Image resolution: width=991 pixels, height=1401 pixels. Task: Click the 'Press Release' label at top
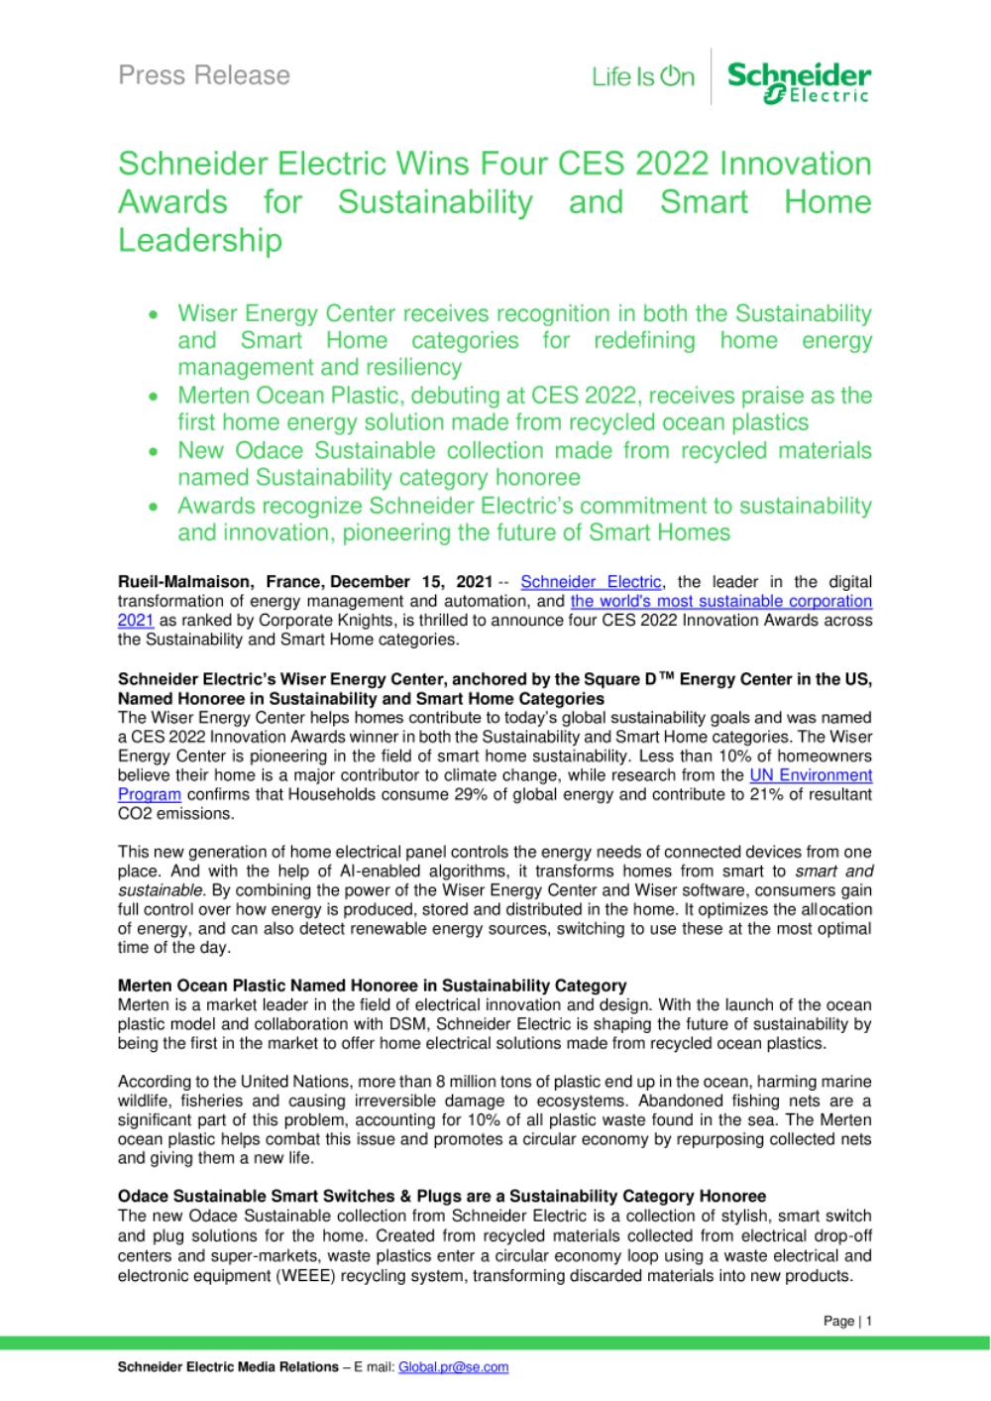(204, 75)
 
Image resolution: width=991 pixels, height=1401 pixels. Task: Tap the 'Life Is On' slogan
(643, 76)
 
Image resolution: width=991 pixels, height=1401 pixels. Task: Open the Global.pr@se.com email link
(453, 1366)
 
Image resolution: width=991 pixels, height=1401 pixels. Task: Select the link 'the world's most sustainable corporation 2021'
(721, 601)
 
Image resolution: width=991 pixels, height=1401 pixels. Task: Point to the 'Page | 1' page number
(847, 1321)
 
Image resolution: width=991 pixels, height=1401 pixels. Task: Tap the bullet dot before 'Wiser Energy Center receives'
(153, 315)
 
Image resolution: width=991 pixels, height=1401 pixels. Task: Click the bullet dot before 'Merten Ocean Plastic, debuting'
(153, 397)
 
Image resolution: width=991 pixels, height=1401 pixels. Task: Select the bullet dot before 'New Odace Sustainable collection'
(153, 452)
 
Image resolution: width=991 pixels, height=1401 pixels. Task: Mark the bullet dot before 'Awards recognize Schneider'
(153, 507)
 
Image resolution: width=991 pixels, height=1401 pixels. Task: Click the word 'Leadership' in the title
(200, 241)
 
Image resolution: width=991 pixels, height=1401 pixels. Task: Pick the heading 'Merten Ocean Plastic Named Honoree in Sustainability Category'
(372, 986)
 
